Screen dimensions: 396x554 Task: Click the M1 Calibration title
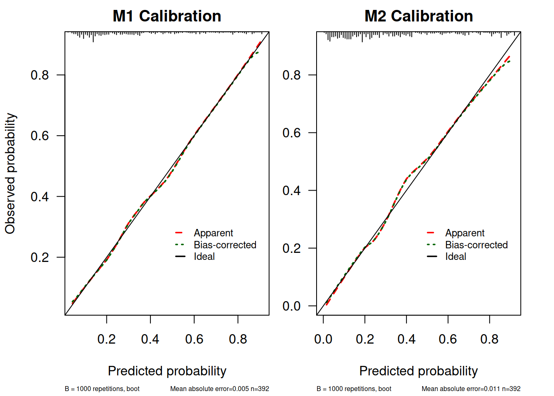(x=167, y=16)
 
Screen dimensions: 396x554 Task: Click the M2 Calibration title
(x=418, y=16)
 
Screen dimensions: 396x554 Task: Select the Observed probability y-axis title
(x=10, y=173)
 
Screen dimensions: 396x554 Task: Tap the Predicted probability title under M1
(x=167, y=371)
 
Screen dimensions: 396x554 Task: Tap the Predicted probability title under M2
(x=418, y=371)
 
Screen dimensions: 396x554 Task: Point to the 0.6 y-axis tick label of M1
(x=40, y=136)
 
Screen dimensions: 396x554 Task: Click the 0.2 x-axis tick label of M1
(x=106, y=339)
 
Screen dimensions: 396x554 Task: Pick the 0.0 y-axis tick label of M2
(x=291, y=306)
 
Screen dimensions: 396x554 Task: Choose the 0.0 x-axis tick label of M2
(x=323, y=339)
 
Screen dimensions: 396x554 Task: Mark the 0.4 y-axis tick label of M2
(x=291, y=191)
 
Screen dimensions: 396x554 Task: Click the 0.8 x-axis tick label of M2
(x=489, y=339)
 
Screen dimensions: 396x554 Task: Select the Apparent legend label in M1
(x=213, y=233)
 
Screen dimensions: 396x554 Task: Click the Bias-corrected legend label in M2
(x=476, y=245)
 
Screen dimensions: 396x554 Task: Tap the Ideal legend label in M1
(x=204, y=257)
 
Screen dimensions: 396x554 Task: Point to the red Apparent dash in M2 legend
(x=431, y=233)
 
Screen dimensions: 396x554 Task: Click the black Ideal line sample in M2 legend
(x=431, y=257)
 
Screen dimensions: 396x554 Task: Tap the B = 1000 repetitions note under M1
(x=102, y=389)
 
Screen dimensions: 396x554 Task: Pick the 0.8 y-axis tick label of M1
(x=40, y=75)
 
